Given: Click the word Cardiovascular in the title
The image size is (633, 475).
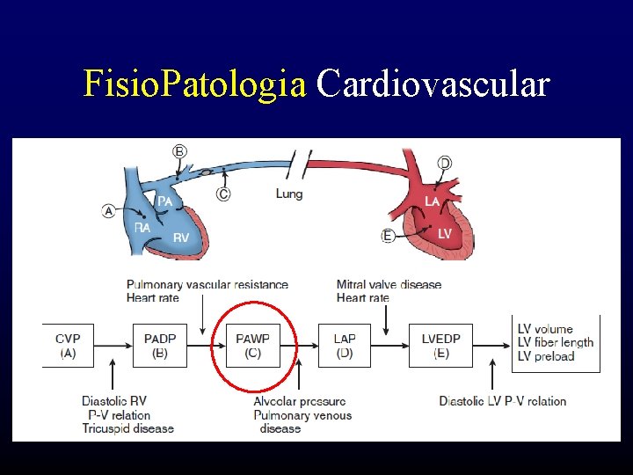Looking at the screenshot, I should coord(433,85).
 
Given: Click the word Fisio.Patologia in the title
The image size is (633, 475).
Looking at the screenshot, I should coord(194,85).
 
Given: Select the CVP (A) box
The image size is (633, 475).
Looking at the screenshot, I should coord(69,346).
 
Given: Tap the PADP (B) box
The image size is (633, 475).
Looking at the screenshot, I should coord(160,346).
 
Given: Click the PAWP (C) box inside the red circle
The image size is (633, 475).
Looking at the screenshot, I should coord(253,346).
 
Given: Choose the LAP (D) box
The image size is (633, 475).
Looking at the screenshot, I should coord(344,346).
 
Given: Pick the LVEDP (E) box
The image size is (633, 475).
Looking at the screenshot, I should coord(440,346).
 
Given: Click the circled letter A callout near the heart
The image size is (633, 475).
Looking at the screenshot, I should coord(109,210).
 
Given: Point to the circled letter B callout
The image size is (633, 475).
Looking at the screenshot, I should coord(179,150).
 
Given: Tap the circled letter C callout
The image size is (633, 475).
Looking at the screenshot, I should coord(223,194).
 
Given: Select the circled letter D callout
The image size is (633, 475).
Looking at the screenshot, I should coord(445,163).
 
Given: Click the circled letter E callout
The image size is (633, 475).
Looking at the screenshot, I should coord(388,236).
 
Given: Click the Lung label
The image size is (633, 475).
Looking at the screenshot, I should coord(289,194).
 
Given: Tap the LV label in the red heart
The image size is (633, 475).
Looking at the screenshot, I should coord(445,233).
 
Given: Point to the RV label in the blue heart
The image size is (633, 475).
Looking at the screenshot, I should coord(181,237).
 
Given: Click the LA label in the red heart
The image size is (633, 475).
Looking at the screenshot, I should coord(433,202).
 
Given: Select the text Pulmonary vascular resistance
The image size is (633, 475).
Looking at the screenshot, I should coord(207,284).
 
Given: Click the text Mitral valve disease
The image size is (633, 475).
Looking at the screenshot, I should coord(389,284).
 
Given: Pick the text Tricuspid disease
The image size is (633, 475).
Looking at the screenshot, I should coord(128,428).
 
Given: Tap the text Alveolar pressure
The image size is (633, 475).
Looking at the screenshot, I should coord(299,402).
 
